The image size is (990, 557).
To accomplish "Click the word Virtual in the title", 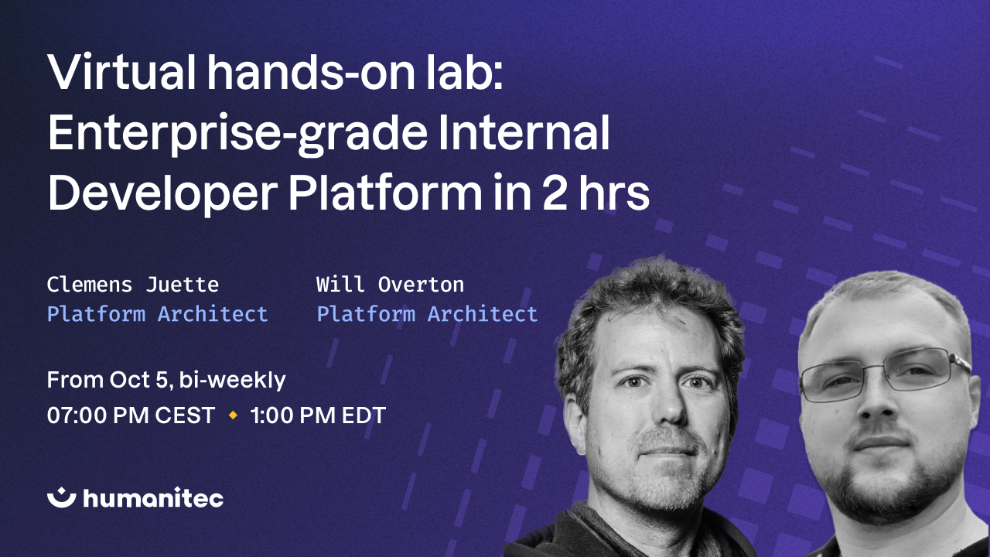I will (123, 73).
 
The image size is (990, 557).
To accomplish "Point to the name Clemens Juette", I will (132, 285).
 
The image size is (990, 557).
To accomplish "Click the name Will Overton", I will (390, 285).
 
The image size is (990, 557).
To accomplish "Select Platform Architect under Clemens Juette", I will (157, 313).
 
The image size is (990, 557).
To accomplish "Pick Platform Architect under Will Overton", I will (427, 313).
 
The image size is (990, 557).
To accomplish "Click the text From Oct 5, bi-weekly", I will (166, 380).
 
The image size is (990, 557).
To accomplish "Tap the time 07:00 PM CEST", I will (131, 415).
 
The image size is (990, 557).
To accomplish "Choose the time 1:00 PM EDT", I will (317, 415).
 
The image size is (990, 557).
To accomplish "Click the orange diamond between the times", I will (232, 415).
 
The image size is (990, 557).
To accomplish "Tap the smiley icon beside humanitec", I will (61, 497).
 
